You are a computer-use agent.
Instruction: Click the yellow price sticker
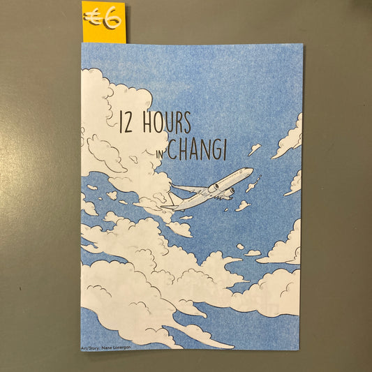click(x=103, y=22)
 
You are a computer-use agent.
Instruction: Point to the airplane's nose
click(x=252, y=170)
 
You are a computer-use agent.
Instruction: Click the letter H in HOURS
click(x=147, y=124)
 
